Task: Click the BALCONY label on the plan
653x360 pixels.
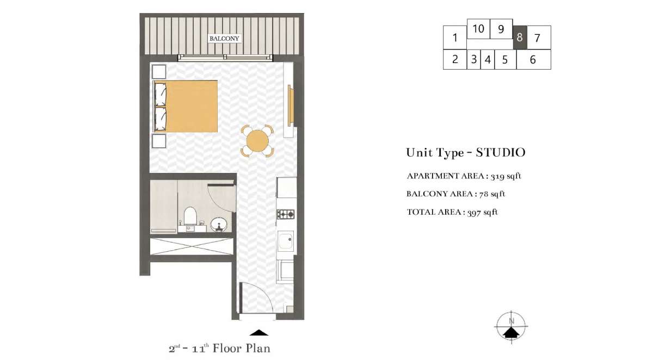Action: tap(224, 39)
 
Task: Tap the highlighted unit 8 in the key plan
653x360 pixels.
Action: tap(520, 38)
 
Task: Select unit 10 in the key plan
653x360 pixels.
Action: tap(478, 28)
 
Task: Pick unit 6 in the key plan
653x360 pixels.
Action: tap(533, 59)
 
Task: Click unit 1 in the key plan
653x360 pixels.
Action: tap(455, 38)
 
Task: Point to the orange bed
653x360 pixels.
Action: tap(186, 106)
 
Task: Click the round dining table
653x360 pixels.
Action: tap(257, 141)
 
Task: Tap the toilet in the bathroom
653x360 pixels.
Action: tap(190, 216)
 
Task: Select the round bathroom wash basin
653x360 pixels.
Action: tap(219, 225)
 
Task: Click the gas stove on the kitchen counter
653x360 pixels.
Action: tap(285, 214)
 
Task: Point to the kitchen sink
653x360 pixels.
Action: tap(286, 241)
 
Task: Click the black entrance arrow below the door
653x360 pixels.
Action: tap(259, 333)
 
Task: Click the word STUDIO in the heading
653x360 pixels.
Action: tap(501, 153)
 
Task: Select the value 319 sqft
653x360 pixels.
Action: tap(506, 176)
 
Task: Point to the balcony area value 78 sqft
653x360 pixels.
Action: tap(492, 194)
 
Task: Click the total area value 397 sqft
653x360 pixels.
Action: tap(483, 212)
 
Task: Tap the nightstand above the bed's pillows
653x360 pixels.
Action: tap(159, 72)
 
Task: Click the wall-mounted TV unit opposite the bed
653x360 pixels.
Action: tap(290, 105)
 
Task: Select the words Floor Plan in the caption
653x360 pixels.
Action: tap(242, 349)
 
